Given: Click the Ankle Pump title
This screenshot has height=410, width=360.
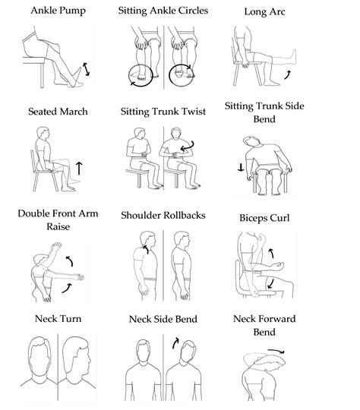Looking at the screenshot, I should [x=58, y=11].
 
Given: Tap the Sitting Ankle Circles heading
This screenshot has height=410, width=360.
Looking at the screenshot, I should [x=164, y=11].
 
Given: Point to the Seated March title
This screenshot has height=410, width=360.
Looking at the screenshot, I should [x=58, y=112].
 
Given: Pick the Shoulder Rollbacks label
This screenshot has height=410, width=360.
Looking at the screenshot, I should [x=164, y=215].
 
